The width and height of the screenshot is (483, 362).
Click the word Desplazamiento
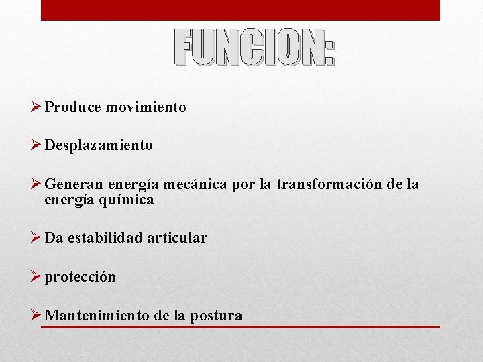click(x=99, y=145)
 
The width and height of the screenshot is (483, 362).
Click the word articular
click(x=179, y=238)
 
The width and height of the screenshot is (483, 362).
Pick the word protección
click(x=80, y=277)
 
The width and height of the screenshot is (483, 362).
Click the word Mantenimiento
click(x=97, y=315)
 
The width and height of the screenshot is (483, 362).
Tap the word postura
click(x=217, y=316)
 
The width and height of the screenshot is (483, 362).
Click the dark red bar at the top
click(x=240, y=10)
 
